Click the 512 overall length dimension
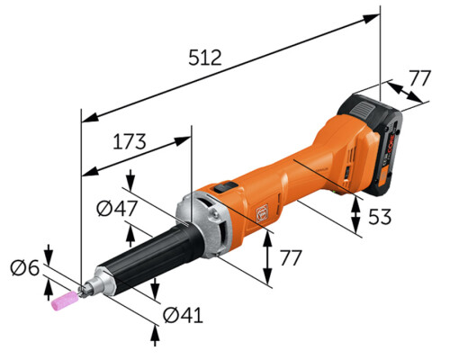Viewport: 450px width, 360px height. click(205, 58)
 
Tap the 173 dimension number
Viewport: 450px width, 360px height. click(130, 141)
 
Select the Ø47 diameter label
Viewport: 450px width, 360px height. click(117, 209)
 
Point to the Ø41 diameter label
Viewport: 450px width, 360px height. click(183, 315)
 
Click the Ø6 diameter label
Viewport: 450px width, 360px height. click(25, 268)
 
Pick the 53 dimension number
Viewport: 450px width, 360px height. click(380, 217)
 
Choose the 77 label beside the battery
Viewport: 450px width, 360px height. click(420, 78)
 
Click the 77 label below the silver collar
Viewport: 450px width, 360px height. click(291, 257)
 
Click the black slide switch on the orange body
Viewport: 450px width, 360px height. click(225, 187)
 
